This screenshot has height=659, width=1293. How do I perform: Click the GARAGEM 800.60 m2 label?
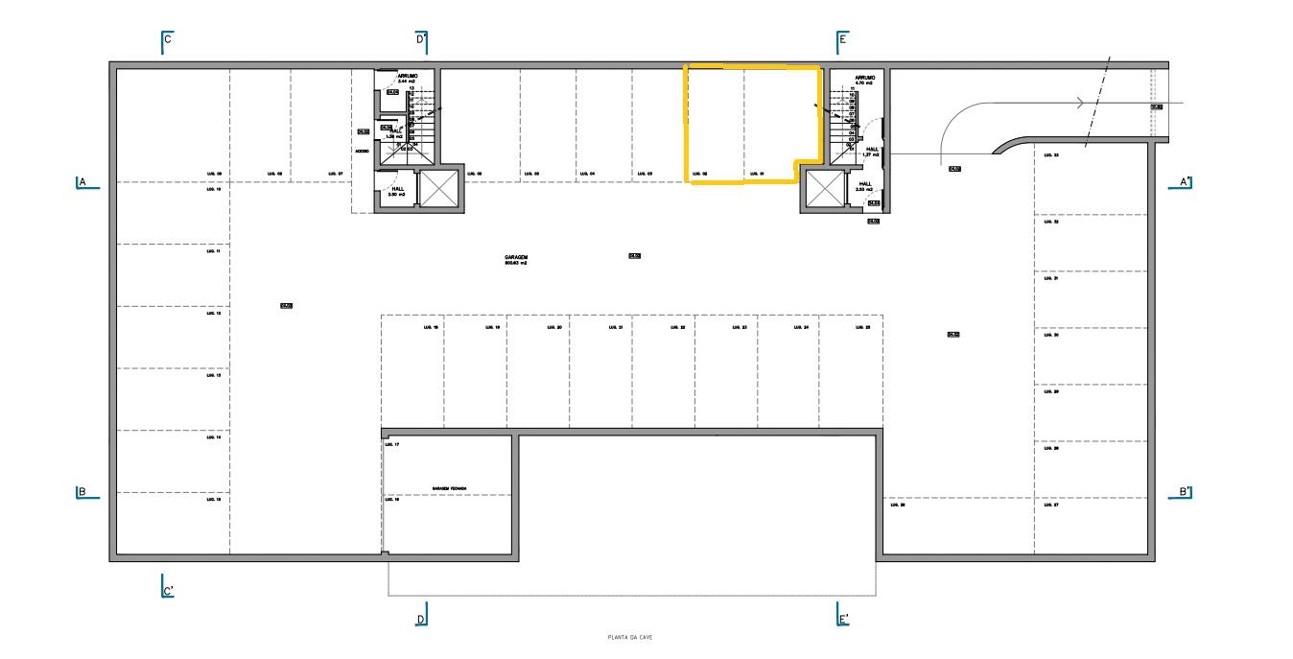point(516,259)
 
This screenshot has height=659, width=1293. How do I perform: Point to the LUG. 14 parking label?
point(213,437)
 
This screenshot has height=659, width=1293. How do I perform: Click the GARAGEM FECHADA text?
point(449,488)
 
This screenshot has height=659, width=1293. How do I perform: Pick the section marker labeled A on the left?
point(85,182)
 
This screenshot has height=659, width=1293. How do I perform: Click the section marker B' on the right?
point(1184,493)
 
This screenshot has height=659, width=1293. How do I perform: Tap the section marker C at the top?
point(166,40)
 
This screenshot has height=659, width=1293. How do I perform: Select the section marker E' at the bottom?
point(842,619)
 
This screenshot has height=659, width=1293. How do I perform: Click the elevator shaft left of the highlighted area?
point(439,187)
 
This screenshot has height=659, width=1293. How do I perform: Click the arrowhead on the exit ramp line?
point(1082,104)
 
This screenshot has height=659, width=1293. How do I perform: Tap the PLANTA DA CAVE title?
point(630,637)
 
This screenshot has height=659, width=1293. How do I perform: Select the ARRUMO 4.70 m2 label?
point(865,81)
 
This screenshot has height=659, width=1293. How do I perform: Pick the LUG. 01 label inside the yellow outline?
point(756,174)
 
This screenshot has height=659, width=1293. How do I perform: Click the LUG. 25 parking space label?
point(862,327)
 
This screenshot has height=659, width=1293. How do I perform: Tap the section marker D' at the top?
point(421,40)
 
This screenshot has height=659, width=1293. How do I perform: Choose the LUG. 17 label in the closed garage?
point(391,445)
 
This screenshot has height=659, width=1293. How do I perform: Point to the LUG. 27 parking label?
point(1049,505)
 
